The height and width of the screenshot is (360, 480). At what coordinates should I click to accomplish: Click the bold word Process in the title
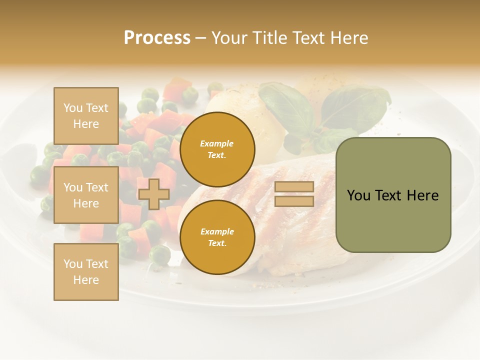click(x=157, y=38)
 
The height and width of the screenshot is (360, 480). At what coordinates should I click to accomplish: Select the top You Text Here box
click(x=86, y=116)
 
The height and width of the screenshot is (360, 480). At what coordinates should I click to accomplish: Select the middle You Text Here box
click(x=86, y=195)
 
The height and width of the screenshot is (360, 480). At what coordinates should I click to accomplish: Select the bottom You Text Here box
click(x=86, y=272)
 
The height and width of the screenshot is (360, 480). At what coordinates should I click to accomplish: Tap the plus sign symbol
click(x=153, y=194)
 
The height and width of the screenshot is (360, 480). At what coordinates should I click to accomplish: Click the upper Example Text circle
click(x=217, y=149)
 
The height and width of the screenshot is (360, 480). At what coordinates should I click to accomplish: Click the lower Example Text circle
click(x=217, y=237)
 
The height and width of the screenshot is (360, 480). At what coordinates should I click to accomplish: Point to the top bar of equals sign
click(x=294, y=186)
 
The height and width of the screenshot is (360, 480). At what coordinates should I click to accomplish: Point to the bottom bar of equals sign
click(x=294, y=201)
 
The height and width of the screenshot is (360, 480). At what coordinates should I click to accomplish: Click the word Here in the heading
click(x=349, y=38)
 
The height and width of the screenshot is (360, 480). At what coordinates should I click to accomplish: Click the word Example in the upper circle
click(x=217, y=143)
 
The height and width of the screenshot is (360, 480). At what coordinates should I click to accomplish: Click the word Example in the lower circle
click(x=217, y=231)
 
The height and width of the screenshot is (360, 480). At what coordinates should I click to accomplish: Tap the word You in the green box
click(x=358, y=195)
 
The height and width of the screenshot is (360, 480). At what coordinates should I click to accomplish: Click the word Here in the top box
click(x=86, y=124)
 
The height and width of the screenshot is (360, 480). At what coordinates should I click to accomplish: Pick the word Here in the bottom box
click(x=86, y=280)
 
